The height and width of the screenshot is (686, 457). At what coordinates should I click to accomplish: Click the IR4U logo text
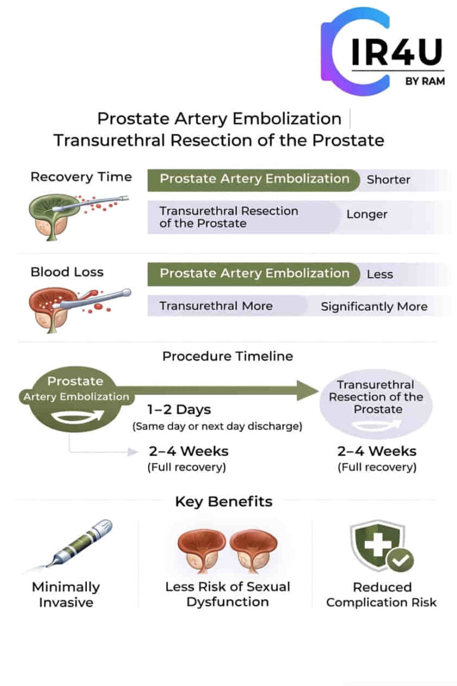396,53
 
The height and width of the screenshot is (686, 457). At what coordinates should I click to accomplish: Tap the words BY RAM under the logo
424,82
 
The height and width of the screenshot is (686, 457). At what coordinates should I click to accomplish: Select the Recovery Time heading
81,177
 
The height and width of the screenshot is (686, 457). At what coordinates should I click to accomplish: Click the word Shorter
388,179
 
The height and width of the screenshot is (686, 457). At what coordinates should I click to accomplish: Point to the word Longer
367,214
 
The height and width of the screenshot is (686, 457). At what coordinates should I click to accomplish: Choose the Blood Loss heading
67,272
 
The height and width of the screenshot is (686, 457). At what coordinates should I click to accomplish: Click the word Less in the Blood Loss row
380,274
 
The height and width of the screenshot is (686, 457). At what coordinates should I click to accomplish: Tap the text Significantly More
374,307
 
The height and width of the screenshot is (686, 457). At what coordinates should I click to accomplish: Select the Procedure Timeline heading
227,356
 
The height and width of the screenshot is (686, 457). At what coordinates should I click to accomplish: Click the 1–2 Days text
179,411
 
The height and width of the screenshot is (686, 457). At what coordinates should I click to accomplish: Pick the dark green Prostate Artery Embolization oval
75,397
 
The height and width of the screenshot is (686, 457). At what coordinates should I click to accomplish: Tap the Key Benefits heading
223,502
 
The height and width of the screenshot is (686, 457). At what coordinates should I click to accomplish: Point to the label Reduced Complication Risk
381,594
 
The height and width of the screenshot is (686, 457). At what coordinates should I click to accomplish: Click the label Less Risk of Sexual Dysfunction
227,594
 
